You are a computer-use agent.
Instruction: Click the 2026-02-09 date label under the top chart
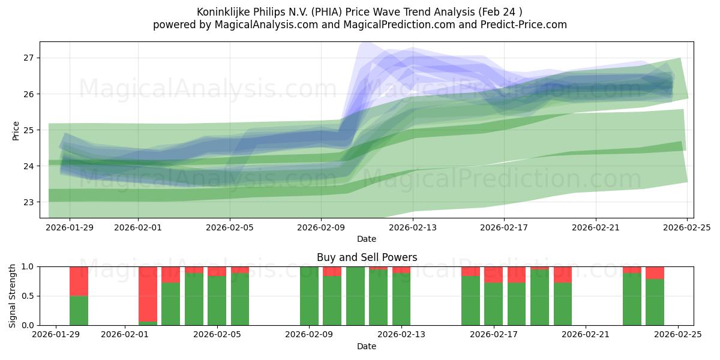point(321,227)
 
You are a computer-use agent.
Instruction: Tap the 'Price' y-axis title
point(16,130)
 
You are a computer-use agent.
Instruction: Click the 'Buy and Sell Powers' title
point(367,257)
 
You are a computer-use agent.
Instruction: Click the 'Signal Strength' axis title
point(13,296)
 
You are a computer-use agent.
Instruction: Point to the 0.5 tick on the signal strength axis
point(28,296)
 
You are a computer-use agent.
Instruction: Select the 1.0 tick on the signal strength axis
point(28,266)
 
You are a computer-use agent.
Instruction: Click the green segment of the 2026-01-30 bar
point(79,310)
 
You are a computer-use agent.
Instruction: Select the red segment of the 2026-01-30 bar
point(79,281)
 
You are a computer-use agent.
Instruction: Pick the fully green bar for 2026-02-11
point(355,296)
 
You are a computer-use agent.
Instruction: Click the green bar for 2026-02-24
point(655,302)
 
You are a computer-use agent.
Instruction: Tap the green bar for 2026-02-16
point(470,301)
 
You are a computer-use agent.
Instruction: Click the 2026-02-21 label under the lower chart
point(585,334)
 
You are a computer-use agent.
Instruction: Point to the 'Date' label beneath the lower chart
point(367,346)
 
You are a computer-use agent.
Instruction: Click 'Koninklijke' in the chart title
point(223,12)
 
